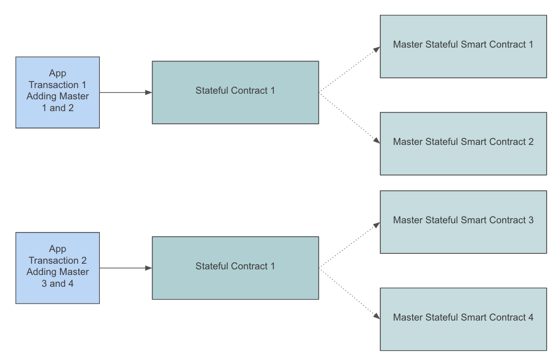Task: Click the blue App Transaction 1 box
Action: tap(57, 93)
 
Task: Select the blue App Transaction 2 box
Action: tap(57, 268)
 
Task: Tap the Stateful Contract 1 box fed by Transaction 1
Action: tap(235, 93)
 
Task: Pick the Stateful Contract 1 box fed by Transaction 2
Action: tap(235, 268)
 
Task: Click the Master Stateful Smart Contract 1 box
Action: tap(463, 46)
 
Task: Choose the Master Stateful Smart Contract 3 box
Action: tap(463, 222)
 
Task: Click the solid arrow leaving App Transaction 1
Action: tap(125, 93)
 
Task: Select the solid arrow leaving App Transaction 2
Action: tap(125, 268)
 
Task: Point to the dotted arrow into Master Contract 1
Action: tap(349, 71)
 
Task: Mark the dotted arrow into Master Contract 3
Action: tap(349, 246)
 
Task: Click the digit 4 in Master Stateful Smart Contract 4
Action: tap(530, 317)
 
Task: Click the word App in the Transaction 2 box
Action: tap(57, 249)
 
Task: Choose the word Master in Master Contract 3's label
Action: tap(408, 220)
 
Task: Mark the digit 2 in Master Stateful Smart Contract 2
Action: tap(530, 142)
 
